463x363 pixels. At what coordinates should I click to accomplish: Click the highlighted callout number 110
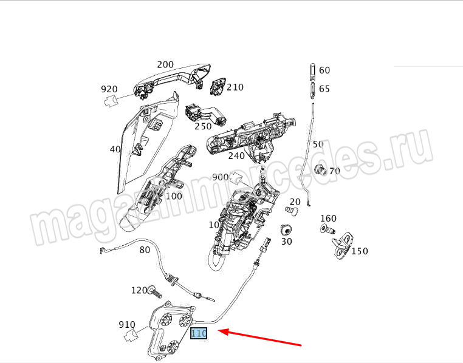pyautogui.click(x=199, y=333)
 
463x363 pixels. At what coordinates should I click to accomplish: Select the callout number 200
pyautogui.click(x=165, y=65)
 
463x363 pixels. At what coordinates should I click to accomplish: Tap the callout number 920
pyautogui.click(x=109, y=90)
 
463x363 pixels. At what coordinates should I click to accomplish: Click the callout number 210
pyautogui.click(x=235, y=87)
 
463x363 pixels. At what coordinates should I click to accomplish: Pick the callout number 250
pyautogui.click(x=203, y=126)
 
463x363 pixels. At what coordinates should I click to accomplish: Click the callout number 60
pyautogui.click(x=324, y=70)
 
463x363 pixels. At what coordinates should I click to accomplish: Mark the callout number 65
pyautogui.click(x=324, y=89)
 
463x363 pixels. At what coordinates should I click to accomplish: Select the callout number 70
pyautogui.click(x=334, y=171)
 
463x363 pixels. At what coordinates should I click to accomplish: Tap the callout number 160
pyautogui.click(x=328, y=219)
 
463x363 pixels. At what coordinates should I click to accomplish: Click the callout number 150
pyautogui.click(x=360, y=251)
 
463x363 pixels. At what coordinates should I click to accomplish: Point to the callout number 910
pyautogui.click(x=127, y=325)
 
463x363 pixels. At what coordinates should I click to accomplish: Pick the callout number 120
pyautogui.click(x=139, y=290)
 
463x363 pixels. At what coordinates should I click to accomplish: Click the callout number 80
pyautogui.click(x=145, y=249)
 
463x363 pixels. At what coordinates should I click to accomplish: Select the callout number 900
pyautogui.click(x=221, y=177)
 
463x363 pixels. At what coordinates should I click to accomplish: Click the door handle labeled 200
pyautogui.click(x=173, y=77)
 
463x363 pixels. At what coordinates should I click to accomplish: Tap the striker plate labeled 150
pyautogui.click(x=343, y=243)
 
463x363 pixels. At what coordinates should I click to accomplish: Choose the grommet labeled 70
pyautogui.click(x=320, y=169)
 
